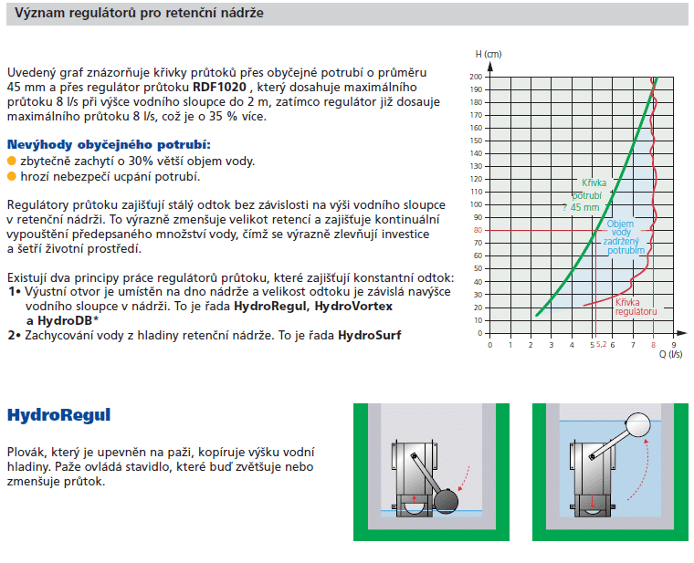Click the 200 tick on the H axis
click(x=476, y=77)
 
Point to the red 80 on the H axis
click(x=477, y=230)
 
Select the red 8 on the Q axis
click(x=654, y=346)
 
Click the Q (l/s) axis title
click(x=670, y=355)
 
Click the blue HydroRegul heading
click(x=58, y=415)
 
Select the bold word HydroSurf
click(x=369, y=335)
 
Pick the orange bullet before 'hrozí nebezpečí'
click(x=12, y=176)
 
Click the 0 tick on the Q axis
click(x=490, y=346)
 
